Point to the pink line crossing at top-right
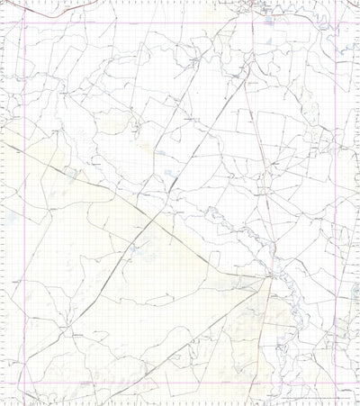(x=335, y=23)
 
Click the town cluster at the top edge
(x=256, y=9)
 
